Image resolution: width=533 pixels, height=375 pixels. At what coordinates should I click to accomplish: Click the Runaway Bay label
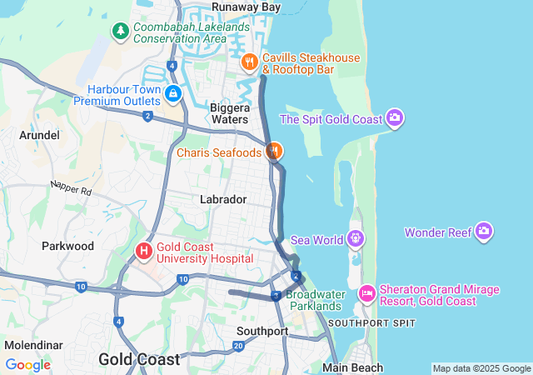246,7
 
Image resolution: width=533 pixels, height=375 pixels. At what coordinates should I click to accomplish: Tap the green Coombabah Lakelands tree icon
121,32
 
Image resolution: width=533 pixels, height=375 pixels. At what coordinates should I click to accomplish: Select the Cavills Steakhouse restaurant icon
248,62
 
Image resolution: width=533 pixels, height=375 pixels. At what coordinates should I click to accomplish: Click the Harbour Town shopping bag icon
172,93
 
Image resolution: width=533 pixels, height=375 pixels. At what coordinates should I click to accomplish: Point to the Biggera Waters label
229,114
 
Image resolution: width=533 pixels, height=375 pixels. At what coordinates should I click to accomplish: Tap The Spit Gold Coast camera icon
395,118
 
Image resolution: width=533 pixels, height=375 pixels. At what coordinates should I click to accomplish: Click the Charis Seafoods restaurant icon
273,152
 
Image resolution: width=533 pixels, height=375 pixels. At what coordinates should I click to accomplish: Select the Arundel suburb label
39,135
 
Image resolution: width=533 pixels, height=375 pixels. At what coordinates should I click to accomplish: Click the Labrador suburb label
223,199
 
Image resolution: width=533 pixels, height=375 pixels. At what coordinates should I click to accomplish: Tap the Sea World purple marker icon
356,239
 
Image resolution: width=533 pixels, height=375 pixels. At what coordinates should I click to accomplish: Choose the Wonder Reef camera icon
484,232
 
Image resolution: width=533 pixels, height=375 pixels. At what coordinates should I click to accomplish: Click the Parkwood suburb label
68,246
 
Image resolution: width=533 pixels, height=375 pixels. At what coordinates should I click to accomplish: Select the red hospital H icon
144,250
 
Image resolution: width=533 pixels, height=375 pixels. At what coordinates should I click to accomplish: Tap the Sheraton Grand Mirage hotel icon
366,294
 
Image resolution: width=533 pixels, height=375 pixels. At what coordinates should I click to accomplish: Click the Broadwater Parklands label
314,300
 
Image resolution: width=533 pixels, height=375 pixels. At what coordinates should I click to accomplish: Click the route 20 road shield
238,346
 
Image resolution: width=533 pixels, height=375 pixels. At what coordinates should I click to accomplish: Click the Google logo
27,365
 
